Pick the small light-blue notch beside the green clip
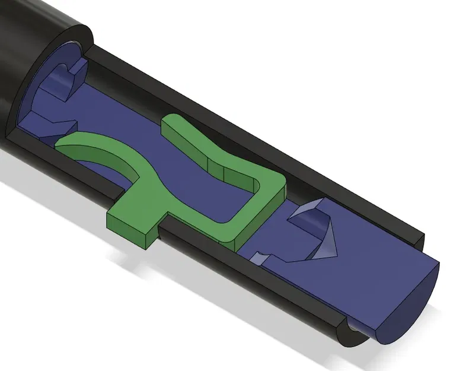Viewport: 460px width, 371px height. tap(260, 258)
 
